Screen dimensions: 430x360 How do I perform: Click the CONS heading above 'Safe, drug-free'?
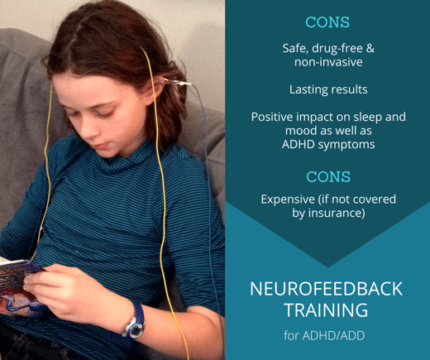point(327,22)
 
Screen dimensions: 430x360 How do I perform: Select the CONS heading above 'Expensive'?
point(328,176)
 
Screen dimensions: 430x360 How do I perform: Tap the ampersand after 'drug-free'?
point(370,48)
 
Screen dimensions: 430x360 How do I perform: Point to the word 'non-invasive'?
point(328,62)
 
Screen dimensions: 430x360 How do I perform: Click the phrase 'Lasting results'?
point(328,89)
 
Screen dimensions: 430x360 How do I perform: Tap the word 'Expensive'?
point(288,199)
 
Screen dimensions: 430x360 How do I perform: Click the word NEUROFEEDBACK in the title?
point(327,289)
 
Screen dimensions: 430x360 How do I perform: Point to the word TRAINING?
point(327,310)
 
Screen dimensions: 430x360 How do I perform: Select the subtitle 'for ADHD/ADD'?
point(324,335)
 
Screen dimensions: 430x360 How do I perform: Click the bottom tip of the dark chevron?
point(328,267)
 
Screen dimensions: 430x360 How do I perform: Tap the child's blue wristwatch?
point(136,322)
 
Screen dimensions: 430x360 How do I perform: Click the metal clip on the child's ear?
point(177,82)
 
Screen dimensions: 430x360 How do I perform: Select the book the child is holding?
point(19,287)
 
